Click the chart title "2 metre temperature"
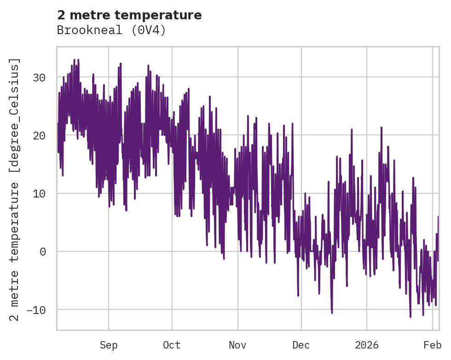point(129,15)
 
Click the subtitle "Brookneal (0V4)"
point(111,30)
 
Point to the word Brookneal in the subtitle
point(86,30)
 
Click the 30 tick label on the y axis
point(39,77)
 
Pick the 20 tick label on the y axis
point(39,135)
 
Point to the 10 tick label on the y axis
point(39,193)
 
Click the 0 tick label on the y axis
point(42,251)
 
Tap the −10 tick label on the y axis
point(36,309)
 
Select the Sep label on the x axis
point(109,345)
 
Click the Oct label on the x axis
point(172,345)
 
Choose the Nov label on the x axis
point(238,345)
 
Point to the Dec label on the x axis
point(301,345)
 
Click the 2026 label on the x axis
point(367,345)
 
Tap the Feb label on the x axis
point(432,345)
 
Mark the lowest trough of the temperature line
point(411,317)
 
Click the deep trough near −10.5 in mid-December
point(332,313)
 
